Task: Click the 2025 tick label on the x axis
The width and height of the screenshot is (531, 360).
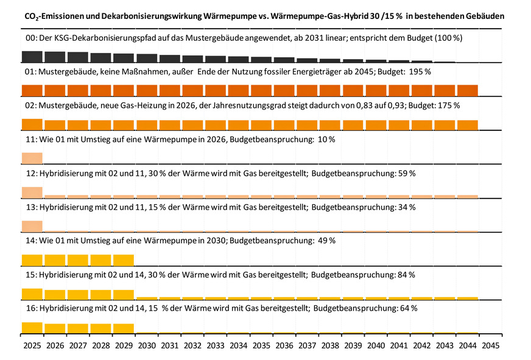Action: (x=32, y=345)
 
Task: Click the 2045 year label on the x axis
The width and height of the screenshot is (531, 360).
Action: (x=490, y=345)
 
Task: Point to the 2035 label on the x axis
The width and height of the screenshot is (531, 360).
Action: (x=261, y=345)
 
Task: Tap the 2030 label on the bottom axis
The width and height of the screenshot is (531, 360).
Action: (x=146, y=345)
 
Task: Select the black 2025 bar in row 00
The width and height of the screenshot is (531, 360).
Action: (x=32, y=57)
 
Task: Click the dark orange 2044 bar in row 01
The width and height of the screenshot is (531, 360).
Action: (x=467, y=90)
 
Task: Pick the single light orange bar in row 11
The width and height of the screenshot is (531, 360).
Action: (x=32, y=158)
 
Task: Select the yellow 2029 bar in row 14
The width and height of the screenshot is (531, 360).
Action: (x=123, y=260)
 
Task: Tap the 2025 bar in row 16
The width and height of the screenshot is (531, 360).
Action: (x=32, y=328)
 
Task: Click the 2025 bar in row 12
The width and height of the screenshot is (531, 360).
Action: (x=32, y=192)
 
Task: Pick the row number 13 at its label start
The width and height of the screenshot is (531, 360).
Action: (x=32, y=207)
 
